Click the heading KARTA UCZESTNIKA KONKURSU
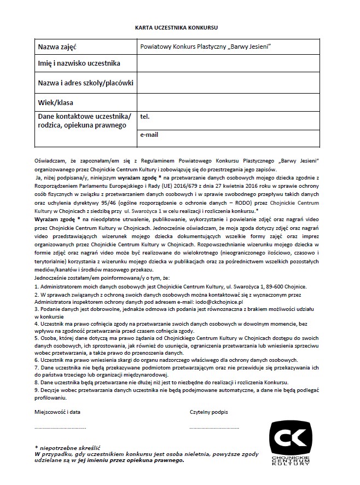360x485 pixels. pyautogui.click(x=179, y=26)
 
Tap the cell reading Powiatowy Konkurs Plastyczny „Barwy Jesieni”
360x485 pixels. pyautogui.click(x=206, y=48)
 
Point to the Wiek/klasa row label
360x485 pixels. pyautogui.click(x=55, y=102)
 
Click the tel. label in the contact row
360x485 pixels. pyautogui.click(x=145, y=117)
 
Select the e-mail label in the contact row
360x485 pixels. pyautogui.click(x=149, y=134)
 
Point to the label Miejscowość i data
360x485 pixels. pyautogui.click(x=57, y=411)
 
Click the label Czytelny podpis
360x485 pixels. pyautogui.click(x=208, y=411)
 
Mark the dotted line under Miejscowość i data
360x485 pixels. pyautogui.click(x=60, y=427)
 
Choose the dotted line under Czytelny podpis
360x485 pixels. pyautogui.click(x=214, y=427)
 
